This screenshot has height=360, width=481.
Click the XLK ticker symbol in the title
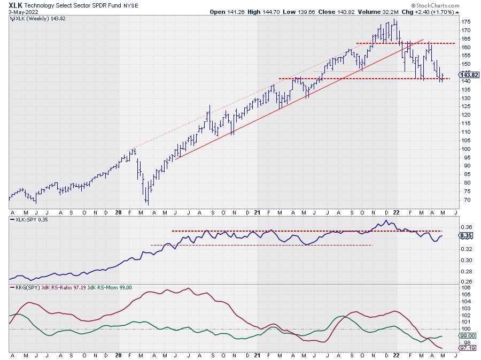coord(16,4)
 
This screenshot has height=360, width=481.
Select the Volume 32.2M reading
coord(375,11)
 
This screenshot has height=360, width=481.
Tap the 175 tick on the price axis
coord(466,21)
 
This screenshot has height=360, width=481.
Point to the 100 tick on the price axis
coord(466,149)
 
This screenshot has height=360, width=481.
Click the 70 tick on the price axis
coord(464,200)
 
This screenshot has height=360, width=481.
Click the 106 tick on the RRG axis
coord(465,288)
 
